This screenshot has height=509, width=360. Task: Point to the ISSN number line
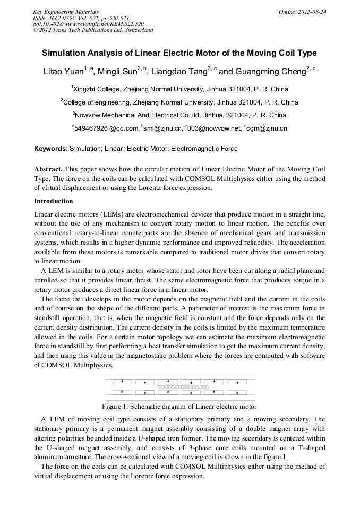point(80,18)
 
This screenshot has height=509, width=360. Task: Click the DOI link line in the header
point(88,24)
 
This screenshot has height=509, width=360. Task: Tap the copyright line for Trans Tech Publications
point(93,30)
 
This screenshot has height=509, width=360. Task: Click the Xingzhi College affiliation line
point(179,89)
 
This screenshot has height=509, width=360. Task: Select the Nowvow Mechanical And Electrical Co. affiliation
point(179,115)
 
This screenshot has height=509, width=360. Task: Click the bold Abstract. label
point(49,168)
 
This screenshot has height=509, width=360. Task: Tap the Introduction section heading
point(54,201)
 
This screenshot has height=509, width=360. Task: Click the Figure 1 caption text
point(179,407)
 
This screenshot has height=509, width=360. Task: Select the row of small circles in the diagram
point(179,387)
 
